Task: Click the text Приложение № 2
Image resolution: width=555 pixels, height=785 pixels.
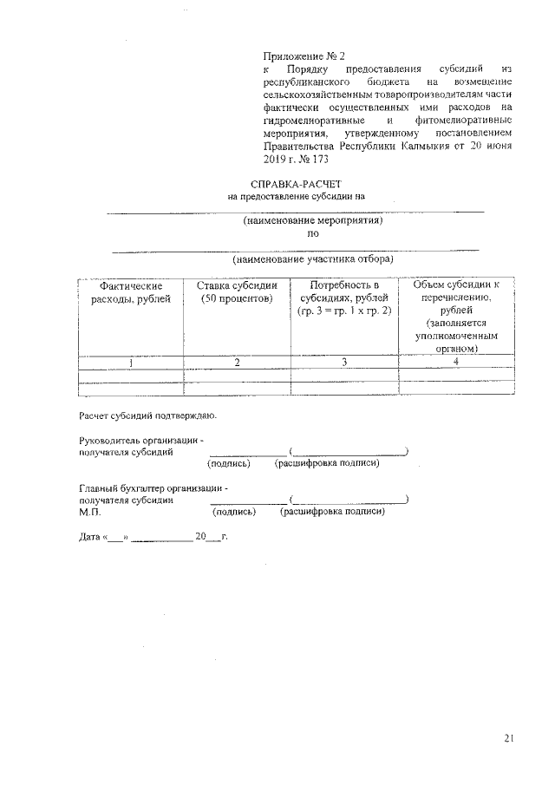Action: (x=304, y=56)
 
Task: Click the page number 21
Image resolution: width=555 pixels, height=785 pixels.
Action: (x=509, y=738)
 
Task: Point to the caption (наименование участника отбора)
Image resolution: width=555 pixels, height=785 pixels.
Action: (x=312, y=259)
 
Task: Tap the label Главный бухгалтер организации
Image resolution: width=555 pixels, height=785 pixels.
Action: (x=153, y=488)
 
